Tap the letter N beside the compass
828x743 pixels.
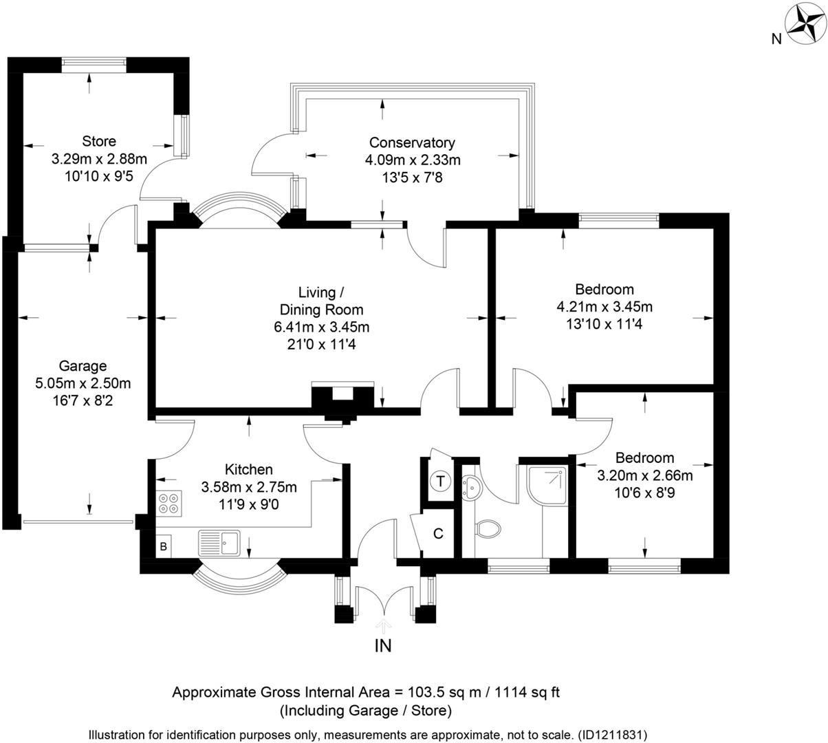point(776,39)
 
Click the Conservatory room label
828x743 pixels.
point(412,143)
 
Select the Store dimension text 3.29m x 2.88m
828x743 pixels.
point(99,159)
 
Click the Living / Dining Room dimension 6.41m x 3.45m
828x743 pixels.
point(321,326)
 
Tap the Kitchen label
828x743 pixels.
point(249,470)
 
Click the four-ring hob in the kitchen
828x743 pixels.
point(170,504)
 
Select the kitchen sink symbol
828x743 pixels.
point(219,543)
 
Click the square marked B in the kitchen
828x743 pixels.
point(164,547)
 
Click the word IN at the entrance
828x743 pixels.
point(383,646)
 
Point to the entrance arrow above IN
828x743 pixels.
point(384,625)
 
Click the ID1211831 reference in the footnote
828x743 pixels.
point(611,734)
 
